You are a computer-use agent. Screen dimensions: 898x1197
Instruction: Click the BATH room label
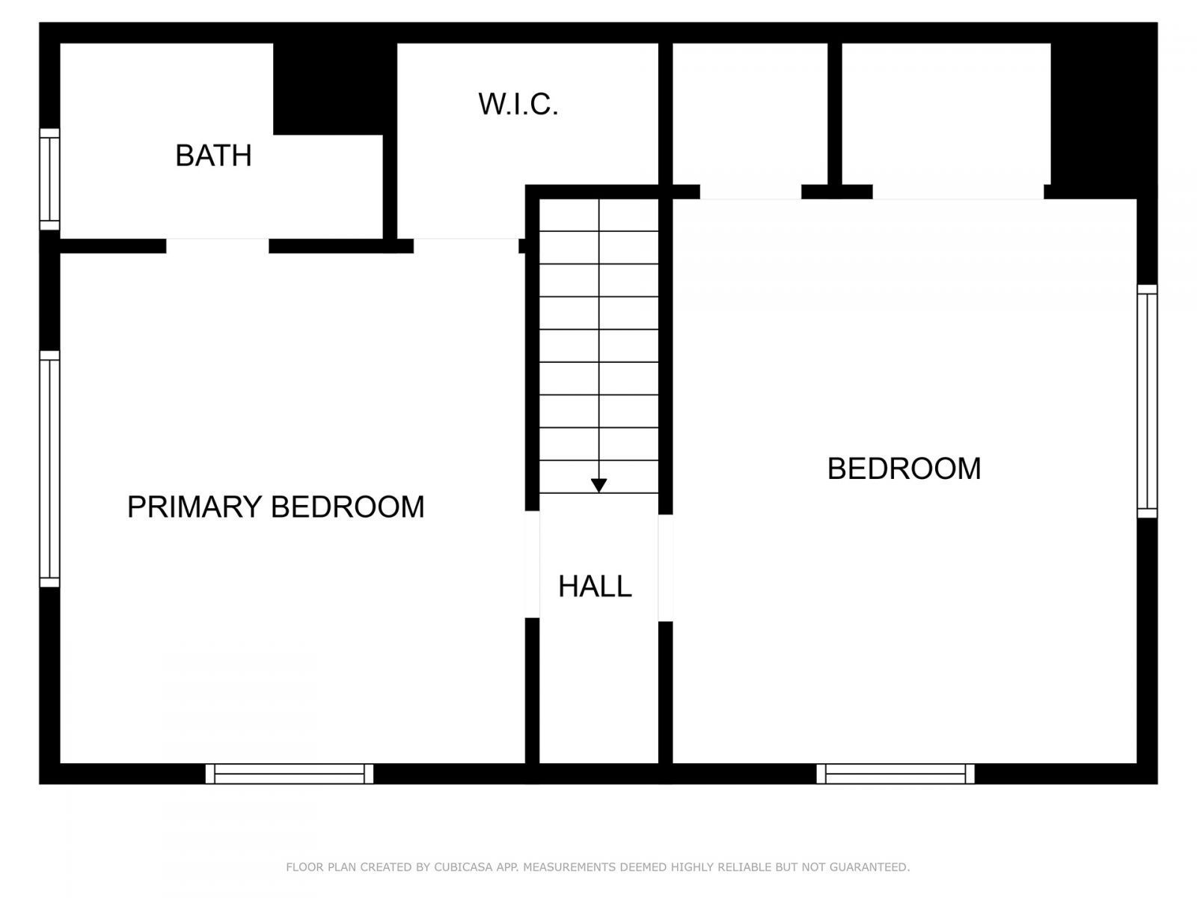[x=213, y=156]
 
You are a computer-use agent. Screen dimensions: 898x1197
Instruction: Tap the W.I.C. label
[x=518, y=105]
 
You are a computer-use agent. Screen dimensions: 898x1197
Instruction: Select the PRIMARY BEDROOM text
[x=275, y=507]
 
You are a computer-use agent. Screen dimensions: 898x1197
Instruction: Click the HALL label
[x=595, y=586]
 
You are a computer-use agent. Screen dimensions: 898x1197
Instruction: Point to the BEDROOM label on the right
[x=904, y=468]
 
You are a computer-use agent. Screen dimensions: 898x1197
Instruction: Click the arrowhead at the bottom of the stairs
[x=598, y=486]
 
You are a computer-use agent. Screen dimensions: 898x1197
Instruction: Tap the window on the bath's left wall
[x=49, y=180]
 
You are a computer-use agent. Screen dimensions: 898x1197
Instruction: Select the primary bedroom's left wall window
[x=49, y=468]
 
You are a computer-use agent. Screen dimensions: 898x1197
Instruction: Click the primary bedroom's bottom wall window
[x=290, y=774]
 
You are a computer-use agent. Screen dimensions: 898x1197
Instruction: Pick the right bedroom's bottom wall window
[x=896, y=774]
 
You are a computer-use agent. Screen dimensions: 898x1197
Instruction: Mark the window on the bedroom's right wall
[x=1147, y=401]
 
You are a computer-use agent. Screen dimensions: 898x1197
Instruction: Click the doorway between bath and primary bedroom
[x=217, y=246]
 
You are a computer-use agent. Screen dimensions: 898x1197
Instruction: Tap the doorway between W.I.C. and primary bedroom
[x=465, y=246]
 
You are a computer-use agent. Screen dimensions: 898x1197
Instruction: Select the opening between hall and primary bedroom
[x=532, y=564]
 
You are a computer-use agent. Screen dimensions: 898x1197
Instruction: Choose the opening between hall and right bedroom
[x=665, y=567]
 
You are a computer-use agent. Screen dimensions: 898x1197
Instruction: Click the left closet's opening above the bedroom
[x=750, y=192]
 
